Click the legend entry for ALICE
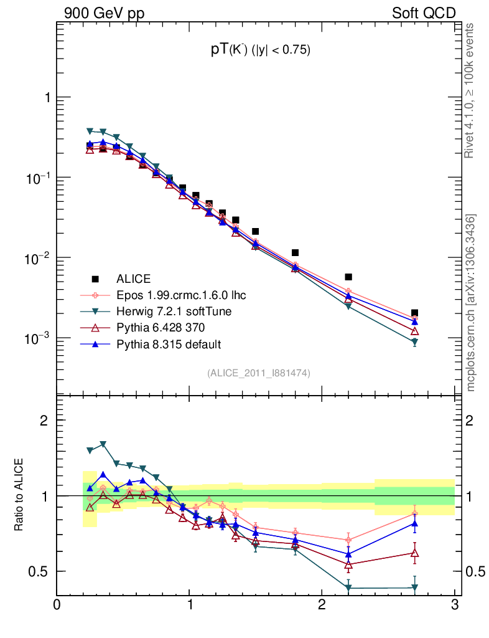pos(134,279)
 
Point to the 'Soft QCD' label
pos(424,13)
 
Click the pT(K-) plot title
pos(260,51)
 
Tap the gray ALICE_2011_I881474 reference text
pos(258,373)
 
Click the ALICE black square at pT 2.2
pos(348,277)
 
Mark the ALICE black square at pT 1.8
pos(296,253)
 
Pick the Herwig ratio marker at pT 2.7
pos(414,588)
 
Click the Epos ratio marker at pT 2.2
pos(348,540)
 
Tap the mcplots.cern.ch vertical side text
pos(471,302)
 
